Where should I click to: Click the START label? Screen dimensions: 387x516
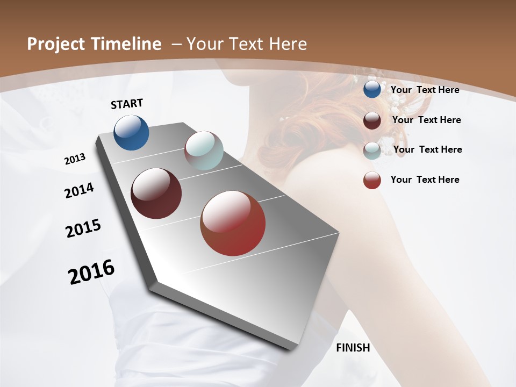pyautogui.click(x=127, y=104)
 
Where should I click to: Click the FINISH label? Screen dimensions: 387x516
pyautogui.click(x=353, y=348)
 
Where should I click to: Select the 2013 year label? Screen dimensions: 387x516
pyautogui.click(x=75, y=159)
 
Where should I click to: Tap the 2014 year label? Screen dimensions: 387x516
pyautogui.click(x=79, y=191)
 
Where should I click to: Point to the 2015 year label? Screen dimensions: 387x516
pyautogui.click(x=83, y=228)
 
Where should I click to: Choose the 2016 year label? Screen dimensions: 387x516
pyautogui.click(x=91, y=272)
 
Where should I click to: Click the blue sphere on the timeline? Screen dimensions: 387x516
pyautogui.click(x=131, y=132)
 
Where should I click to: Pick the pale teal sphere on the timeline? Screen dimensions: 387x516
pyautogui.click(x=204, y=150)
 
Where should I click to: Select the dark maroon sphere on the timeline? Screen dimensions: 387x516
pyautogui.click(x=156, y=193)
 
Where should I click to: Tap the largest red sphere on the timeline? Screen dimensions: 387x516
pyautogui.click(x=233, y=223)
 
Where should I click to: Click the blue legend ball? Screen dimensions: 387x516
pyautogui.click(x=372, y=89)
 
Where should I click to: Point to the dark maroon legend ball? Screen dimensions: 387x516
pyautogui.click(x=372, y=120)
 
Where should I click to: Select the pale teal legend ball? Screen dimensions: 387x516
pyautogui.click(x=372, y=150)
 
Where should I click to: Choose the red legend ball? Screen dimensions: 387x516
pyautogui.click(x=372, y=180)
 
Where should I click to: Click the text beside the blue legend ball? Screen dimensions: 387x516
pyautogui.click(x=425, y=90)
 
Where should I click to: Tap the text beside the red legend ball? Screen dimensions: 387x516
pyautogui.click(x=425, y=180)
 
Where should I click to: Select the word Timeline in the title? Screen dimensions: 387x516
pyautogui.click(x=127, y=44)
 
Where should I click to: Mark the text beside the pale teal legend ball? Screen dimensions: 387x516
pyautogui.click(x=427, y=149)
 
